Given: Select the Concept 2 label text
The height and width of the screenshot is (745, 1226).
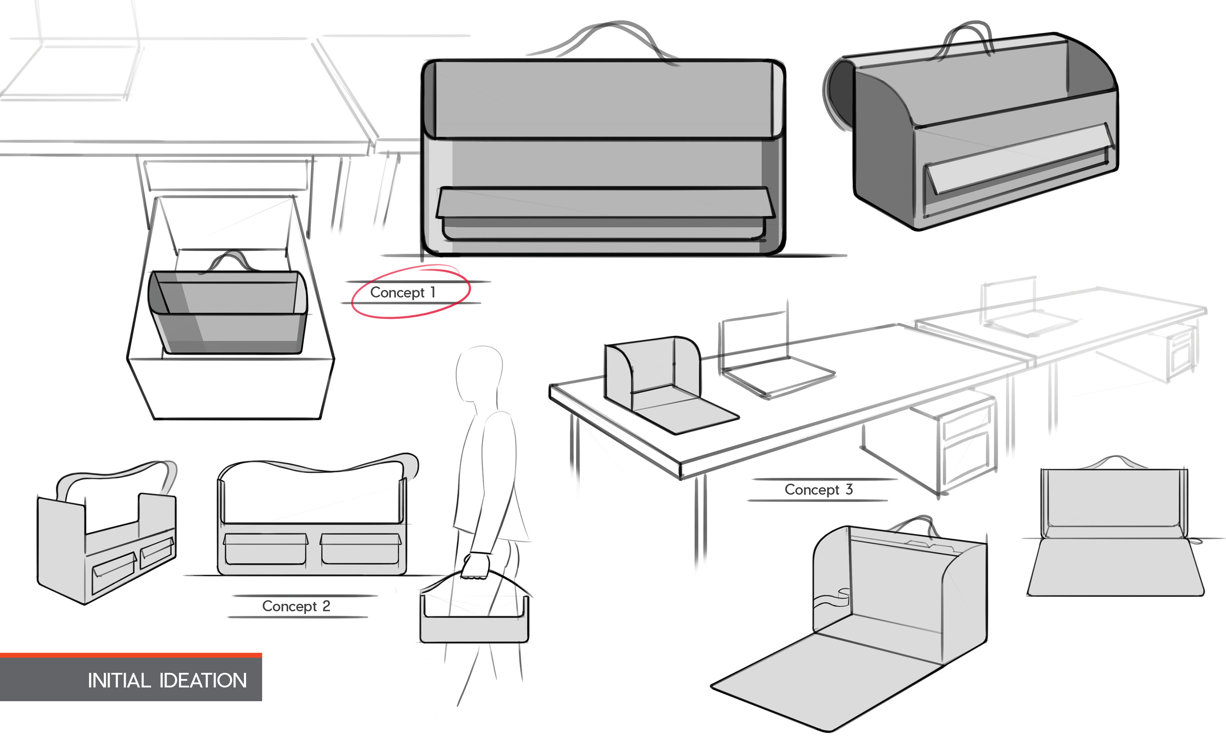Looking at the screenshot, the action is pyautogui.click(x=296, y=606).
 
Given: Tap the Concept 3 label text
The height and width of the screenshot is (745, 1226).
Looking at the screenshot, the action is pyautogui.click(x=819, y=490).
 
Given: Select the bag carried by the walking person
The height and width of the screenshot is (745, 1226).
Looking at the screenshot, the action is pyautogui.click(x=474, y=617).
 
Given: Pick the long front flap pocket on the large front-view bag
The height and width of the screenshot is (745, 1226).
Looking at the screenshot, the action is pyautogui.click(x=605, y=203).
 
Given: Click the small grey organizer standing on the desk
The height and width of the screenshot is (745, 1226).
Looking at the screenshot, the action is pyautogui.click(x=652, y=374).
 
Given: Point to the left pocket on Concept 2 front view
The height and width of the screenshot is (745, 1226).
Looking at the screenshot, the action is pyautogui.click(x=265, y=548).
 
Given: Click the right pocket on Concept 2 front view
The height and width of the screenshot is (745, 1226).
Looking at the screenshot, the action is pyautogui.click(x=360, y=548).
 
